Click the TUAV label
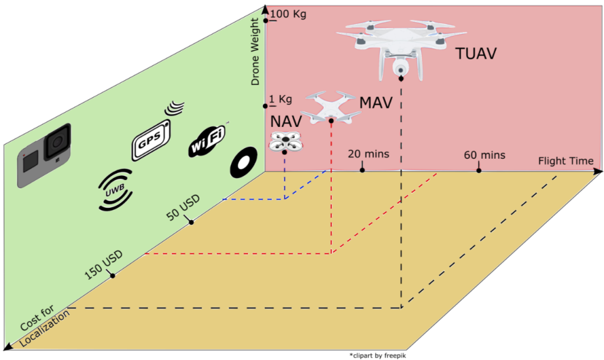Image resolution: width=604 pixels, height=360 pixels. pyautogui.click(x=475, y=54)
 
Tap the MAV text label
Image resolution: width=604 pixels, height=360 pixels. pyautogui.click(x=376, y=103)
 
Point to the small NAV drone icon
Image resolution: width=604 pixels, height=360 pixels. pyautogui.click(x=284, y=142)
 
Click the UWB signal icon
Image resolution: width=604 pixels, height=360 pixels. pyautogui.click(x=116, y=190)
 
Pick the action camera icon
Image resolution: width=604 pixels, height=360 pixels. pyautogui.click(x=45, y=155)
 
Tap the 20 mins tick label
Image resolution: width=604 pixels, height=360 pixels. pyautogui.click(x=368, y=155)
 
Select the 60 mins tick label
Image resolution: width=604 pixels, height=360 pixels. pyautogui.click(x=484, y=155)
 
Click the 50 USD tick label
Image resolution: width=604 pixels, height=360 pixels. pyautogui.click(x=183, y=207)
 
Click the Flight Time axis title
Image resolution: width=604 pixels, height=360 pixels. pyautogui.click(x=567, y=161)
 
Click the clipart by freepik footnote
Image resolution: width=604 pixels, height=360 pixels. pyautogui.click(x=377, y=355)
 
